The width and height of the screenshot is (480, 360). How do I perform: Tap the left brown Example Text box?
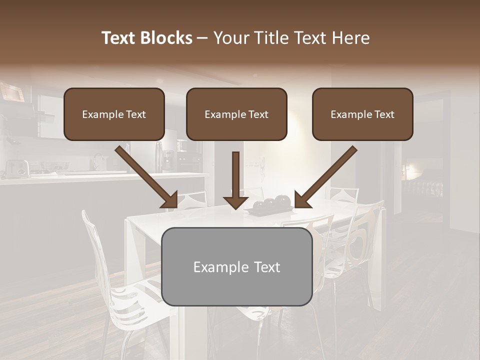(114, 114)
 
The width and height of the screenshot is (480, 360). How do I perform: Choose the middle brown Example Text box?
(236, 114)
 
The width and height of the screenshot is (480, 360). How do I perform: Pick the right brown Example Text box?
(362, 114)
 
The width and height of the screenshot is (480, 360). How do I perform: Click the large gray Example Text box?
(237, 266)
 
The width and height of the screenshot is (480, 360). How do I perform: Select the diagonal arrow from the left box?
(145, 175)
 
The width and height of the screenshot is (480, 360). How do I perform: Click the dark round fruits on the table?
(272, 202)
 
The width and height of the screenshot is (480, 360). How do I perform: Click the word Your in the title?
(231, 38)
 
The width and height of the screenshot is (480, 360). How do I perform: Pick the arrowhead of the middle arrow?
(235, 201)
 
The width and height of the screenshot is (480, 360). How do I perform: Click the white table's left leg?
(132, 250)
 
